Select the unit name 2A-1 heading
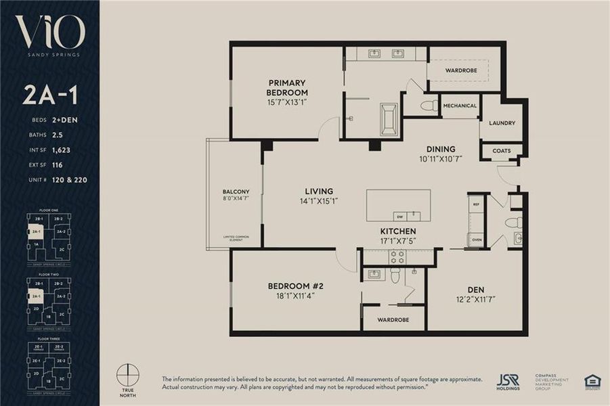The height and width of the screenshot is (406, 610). coord(49,95)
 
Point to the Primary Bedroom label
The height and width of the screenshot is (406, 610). coord(286,88)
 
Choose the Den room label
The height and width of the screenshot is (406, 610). coord(475,290)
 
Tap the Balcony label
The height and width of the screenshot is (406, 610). coord(236,191)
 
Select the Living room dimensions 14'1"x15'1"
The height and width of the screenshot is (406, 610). coord(318,201)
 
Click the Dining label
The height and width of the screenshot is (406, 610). coord(440,149)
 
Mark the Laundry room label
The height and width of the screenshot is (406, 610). coord(502,123)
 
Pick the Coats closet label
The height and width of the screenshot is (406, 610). coord(502,151)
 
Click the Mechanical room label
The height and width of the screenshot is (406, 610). coord(460,106)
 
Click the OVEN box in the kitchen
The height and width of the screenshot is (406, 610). coord(476,239)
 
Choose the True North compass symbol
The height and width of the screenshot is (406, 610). coord(127,375)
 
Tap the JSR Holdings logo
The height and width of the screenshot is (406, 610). coord(508,382)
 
